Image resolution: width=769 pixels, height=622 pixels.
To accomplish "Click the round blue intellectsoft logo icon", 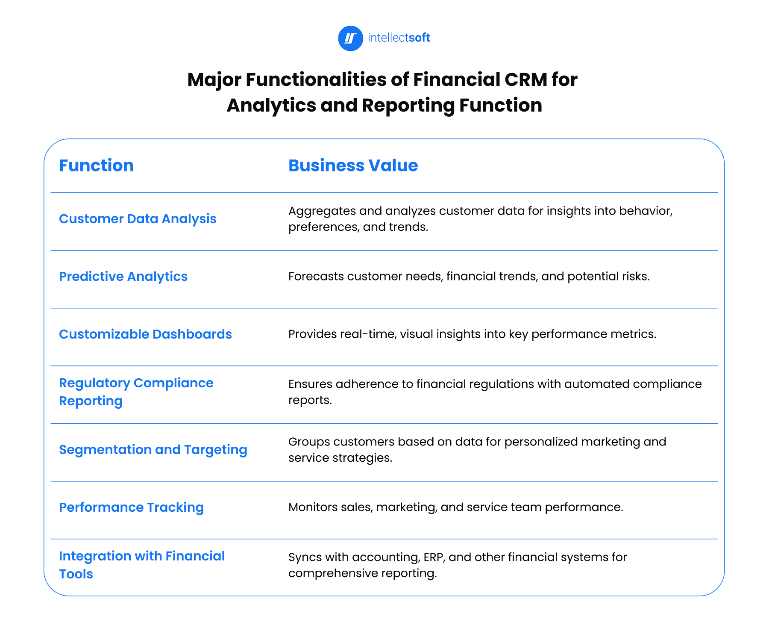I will tap(350, 38).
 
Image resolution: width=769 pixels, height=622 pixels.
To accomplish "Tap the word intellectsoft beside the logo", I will tap(399, 38).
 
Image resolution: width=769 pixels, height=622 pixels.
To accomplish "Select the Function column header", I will tap(96, 165).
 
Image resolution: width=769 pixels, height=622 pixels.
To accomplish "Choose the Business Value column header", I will tap(353, 165).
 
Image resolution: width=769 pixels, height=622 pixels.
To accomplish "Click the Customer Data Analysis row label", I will tap(138, 219).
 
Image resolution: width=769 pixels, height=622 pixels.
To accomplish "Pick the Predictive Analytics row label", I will tap(123, 277).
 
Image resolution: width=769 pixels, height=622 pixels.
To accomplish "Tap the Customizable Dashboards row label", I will tap(145, 334).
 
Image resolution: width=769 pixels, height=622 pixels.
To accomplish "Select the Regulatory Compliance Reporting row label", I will tap(136, 392).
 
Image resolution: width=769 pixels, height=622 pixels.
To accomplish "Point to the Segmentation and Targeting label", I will tap(153, 450).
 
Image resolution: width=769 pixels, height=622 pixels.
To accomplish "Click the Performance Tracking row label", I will tap(131, 507).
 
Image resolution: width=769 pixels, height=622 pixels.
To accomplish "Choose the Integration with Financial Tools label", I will tap(141, 565).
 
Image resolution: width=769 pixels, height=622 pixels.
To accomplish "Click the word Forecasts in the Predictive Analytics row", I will tap(316, 277).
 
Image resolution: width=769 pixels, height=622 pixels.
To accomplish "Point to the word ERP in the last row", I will tap(434, 557).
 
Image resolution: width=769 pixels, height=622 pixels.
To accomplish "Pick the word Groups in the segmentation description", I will tap(309, 442).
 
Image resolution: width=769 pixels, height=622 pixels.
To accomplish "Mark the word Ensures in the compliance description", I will tap(310, 384).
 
